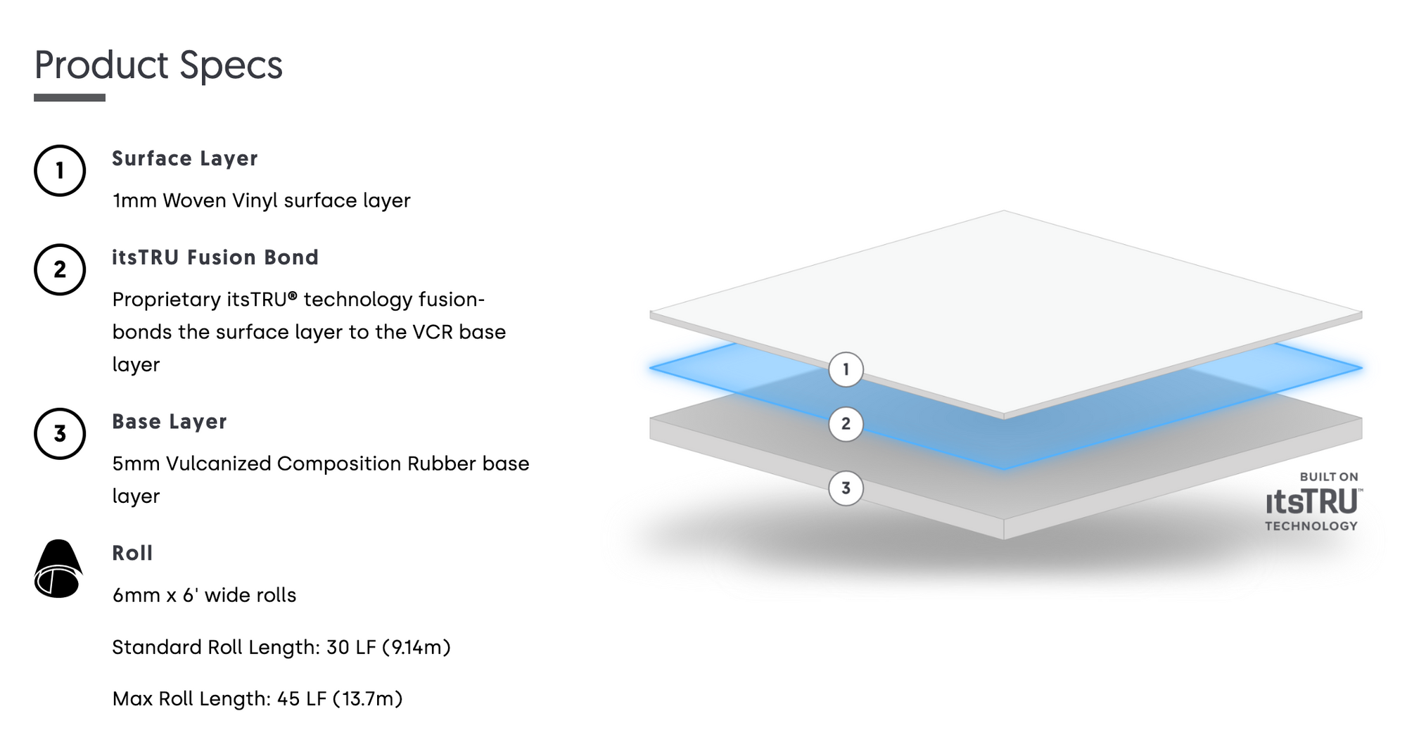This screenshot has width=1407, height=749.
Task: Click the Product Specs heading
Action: [x=158, y=65]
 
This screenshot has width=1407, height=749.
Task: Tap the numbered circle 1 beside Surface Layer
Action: [x=60, y=170]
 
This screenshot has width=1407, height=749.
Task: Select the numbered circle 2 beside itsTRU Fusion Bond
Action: [x=60, y=269]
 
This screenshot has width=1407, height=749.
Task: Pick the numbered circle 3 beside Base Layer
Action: [x=60, y=433]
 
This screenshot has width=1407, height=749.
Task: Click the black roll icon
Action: [x=58, y=568]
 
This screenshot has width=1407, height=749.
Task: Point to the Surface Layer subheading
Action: [x=185, y=159]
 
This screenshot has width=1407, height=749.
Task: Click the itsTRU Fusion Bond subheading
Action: [x=215, y=257]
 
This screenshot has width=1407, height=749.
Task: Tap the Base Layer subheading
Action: [x=170, y=422]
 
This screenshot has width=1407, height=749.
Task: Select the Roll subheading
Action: [x=132, y=553]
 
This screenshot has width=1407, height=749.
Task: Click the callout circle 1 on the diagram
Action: [x=846, y=369]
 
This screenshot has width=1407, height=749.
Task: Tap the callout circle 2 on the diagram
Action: [x=846, y=423]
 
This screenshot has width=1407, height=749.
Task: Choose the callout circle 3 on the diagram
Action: [x=846, y=488]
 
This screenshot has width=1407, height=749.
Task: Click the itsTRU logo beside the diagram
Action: [x=1313, y=501]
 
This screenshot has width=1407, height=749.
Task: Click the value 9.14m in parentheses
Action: [x=416, y=647]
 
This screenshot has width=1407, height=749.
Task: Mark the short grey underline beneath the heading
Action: [x=70, y=98]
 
